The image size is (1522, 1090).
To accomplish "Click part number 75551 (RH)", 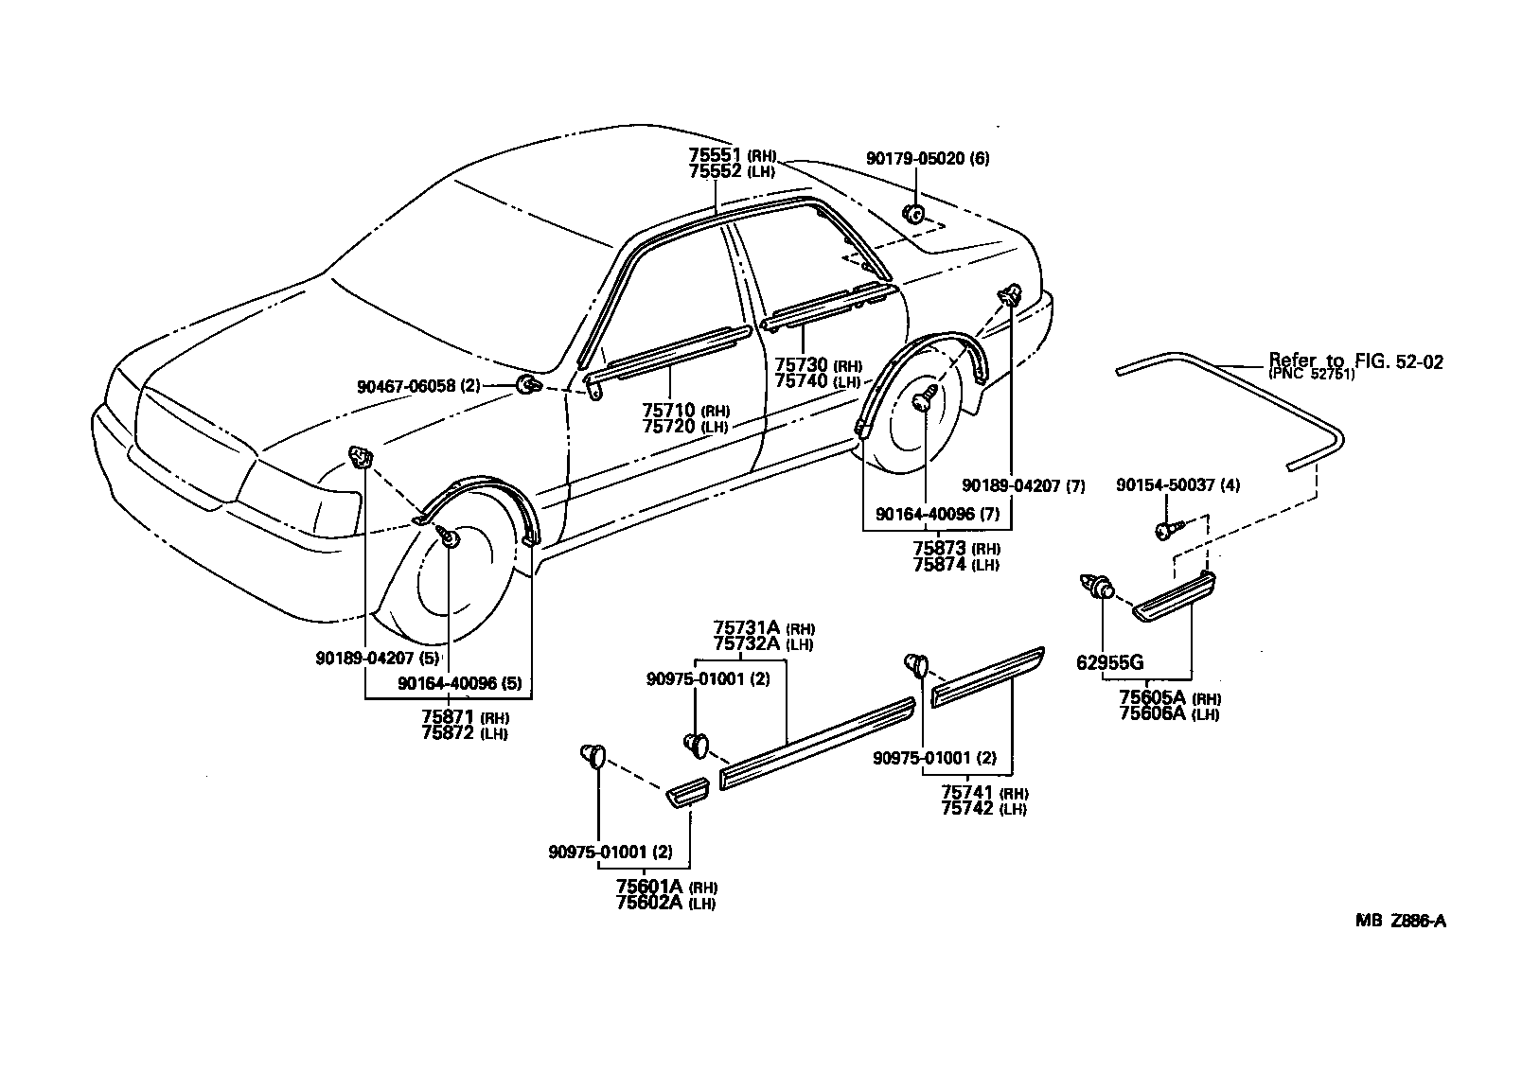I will click(x=732, y=156).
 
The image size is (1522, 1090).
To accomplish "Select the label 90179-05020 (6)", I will click(x=927, y=160).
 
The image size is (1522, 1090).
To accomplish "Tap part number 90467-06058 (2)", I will click(x=419, y=386).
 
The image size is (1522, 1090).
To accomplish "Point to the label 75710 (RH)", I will click(x=681, y=410).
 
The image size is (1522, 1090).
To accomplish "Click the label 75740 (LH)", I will click(x=817, y=380).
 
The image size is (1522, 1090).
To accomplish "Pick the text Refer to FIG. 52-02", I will click(x=1354, y=361).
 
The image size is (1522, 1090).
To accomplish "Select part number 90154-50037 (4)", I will click(x=1177, y=485).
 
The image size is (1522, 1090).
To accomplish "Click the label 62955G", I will click(x=1109, y=662).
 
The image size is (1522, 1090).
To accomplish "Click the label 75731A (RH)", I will click(x=764, y=627).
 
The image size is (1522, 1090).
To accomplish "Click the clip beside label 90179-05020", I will click(x=914, y=214).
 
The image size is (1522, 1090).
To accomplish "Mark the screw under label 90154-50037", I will click(x=1165, y=532).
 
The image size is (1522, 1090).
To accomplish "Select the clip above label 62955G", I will click(x=1096, y=589).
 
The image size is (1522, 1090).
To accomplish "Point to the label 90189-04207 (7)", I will click(x=1022, y=485).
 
